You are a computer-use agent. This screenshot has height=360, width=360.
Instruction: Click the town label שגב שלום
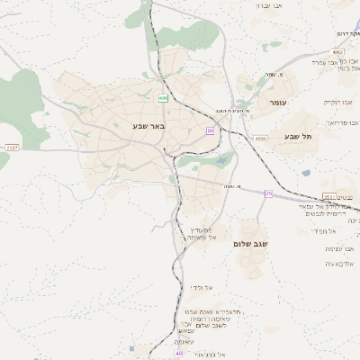(256, 244)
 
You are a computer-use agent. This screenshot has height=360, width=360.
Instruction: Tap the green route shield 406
(163, 97)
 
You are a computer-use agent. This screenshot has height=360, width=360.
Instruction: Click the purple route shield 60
(210, 131)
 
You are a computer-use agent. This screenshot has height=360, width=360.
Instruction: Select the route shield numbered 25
(268, 193)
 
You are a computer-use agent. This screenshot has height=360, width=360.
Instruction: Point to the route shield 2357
(11, 147)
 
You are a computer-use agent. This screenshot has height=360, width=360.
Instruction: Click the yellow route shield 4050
(261, 139)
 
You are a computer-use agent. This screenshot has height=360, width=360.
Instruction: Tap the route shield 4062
(337, 52)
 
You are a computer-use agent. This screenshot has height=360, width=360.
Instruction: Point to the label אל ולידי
(201, 287)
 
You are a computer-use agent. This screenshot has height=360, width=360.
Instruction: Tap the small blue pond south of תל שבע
(306, 173)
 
